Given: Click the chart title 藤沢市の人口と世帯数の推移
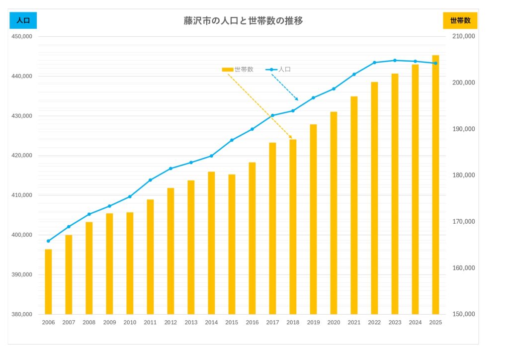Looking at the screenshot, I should point(244,21).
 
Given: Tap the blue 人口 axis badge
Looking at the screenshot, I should point(23,20).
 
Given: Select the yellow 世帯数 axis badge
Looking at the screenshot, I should point(460,20).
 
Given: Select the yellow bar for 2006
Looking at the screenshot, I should point(48,281).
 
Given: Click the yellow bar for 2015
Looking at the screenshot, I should point(232,244).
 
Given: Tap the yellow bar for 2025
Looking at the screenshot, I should point(435,184).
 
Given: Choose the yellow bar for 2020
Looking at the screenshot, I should point(334,213).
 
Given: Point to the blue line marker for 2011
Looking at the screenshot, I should point(150,180).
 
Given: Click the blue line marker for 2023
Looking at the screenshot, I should point(395,60).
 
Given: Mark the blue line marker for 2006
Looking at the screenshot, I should point(48,241).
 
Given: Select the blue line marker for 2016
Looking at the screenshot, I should point(252,129).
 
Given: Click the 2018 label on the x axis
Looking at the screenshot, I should point(293,322).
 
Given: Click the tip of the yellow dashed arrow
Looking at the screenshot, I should point(292,139).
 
